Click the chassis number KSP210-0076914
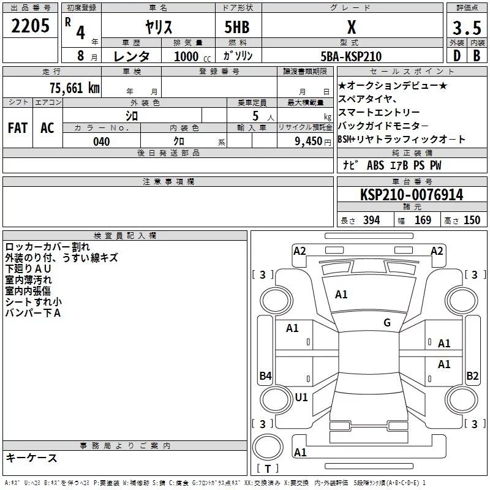pyautogui.click(x=412, y=195)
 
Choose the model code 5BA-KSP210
pyautogui.click(x=351, y=56)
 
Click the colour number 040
pyautogui.click(x=101, y=141)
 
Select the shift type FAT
pyautogui.click(x=18, y=127)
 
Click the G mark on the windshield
pyautogui.click(x=386, y=323)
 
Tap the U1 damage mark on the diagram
pyautogui.click(x=301, y=397)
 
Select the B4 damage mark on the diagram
pyautogui.click(x=265, y=376)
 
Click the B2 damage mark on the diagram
pyautogui.click(x=472, y=376)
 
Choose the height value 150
pyautogui.click(x=472, y=221)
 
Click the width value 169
pyautogui.click(x=423, y=221)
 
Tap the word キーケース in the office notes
pyautogui.click(x=31, y=458)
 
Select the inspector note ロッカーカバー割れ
pyautogui.click(x=47, y=247)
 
